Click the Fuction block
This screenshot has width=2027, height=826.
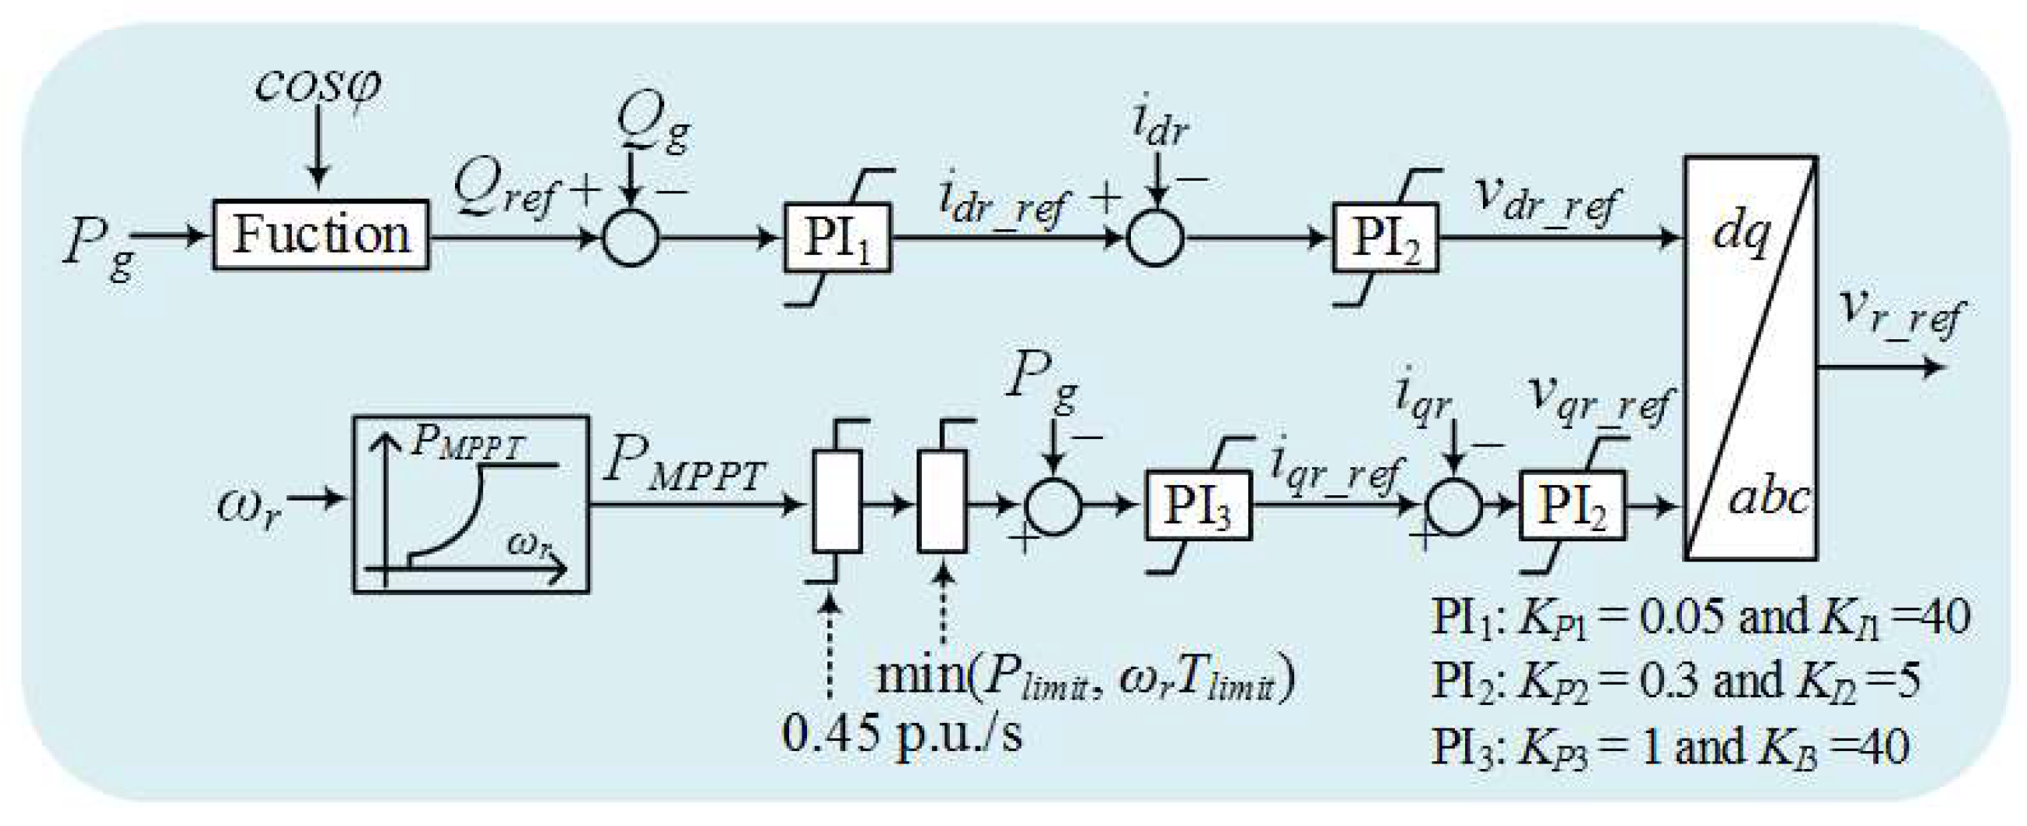[x=321, y=236]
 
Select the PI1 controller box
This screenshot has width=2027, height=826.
[x=837, y=239]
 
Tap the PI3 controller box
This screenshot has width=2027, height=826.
[x=1197, y=505]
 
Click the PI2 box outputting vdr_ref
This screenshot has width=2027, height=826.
[x=1385, y=239]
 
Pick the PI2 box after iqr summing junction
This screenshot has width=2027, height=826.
[x=1571, y=505]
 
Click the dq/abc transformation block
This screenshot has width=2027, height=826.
[x=1751, y=358]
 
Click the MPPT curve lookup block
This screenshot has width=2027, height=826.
[x=471, y=503]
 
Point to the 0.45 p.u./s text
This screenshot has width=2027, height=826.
[x=902, y=734]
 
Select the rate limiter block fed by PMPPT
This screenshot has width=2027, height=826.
[x=837, y=502]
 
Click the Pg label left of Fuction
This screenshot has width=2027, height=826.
[x=98, y=244]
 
